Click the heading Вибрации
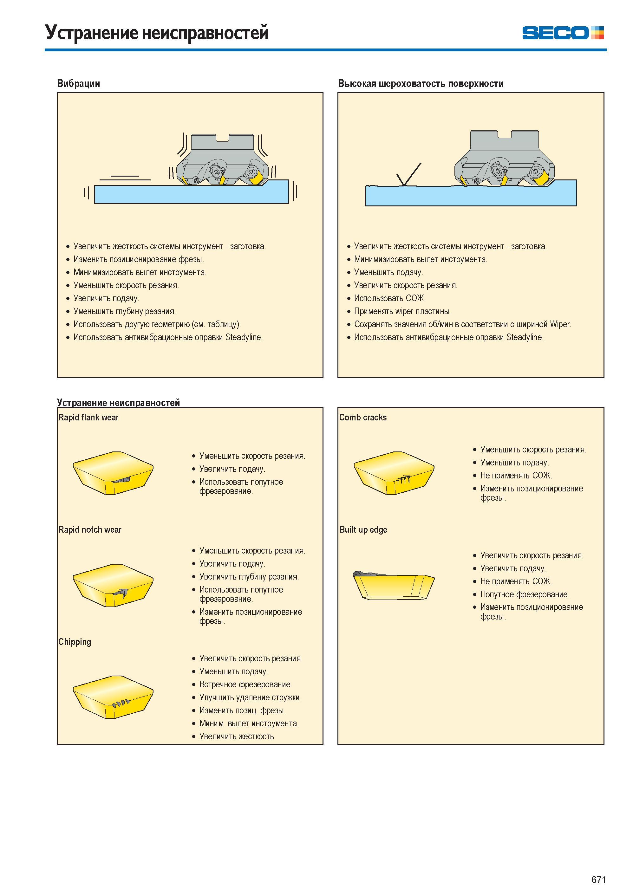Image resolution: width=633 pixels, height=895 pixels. tap(78, 83)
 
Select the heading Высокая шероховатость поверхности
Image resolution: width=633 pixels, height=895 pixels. tap(421, 83)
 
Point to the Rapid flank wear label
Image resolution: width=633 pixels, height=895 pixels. tap(88, 418)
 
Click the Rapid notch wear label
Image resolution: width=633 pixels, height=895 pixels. tap(90, 530)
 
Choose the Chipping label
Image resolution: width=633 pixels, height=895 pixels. tap(75, 642)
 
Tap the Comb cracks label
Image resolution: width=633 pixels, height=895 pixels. tap(363, 418)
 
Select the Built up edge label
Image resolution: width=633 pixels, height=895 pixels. tap(363, 530)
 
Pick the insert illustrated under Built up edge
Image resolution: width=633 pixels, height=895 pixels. tap(394, 585)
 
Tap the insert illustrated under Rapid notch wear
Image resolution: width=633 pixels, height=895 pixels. tap(113, 586)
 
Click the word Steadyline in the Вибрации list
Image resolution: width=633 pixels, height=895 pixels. tap(244, 338)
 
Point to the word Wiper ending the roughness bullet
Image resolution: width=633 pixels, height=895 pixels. tap(560, 324)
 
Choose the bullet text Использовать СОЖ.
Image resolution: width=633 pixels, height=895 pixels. tap(390, 299)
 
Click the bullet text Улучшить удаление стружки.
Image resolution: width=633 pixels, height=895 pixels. tap(251, 697)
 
